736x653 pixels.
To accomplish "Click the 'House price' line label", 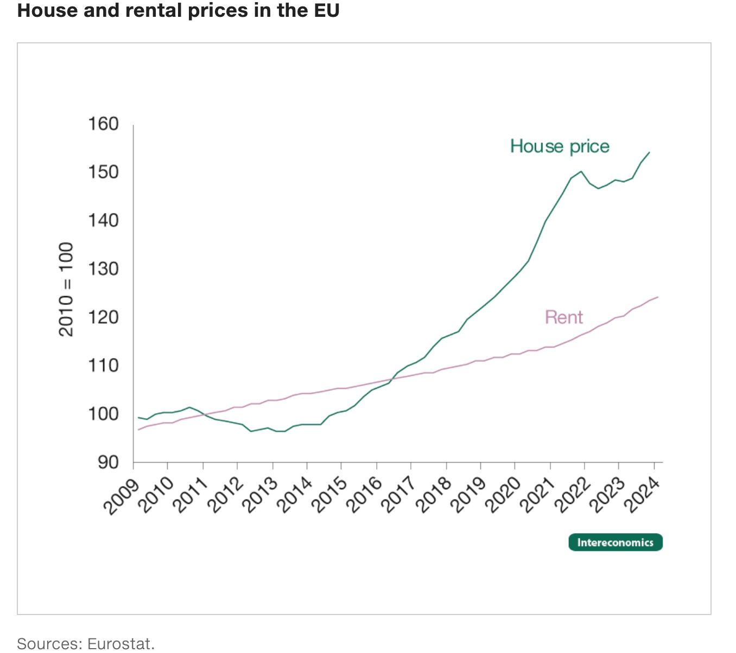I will click(x=560, y=146).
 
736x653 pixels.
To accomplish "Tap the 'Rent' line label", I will click(x=563, y=317).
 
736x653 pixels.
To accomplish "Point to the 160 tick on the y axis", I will click(x=103, y=124).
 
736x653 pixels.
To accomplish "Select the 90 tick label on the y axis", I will click(x=108, y=462).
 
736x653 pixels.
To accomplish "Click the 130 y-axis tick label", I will click(x=103, y=269).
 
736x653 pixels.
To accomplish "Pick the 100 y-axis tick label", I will click(x=103, y=414).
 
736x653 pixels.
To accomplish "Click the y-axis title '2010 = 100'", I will click(x=66, y=290).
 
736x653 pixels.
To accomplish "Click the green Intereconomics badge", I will click(x=615, y=542).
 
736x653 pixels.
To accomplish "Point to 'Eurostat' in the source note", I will click(x=120, y=644).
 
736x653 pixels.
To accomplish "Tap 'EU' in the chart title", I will click(x=325, y=10).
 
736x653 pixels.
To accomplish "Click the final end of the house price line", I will click(x=649, y=152).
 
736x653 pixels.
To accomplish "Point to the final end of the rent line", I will click(x=657, y=297).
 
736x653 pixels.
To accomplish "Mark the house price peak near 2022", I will click(x=581, y=171).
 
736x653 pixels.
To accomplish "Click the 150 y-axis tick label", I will click(x=103, y=172).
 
